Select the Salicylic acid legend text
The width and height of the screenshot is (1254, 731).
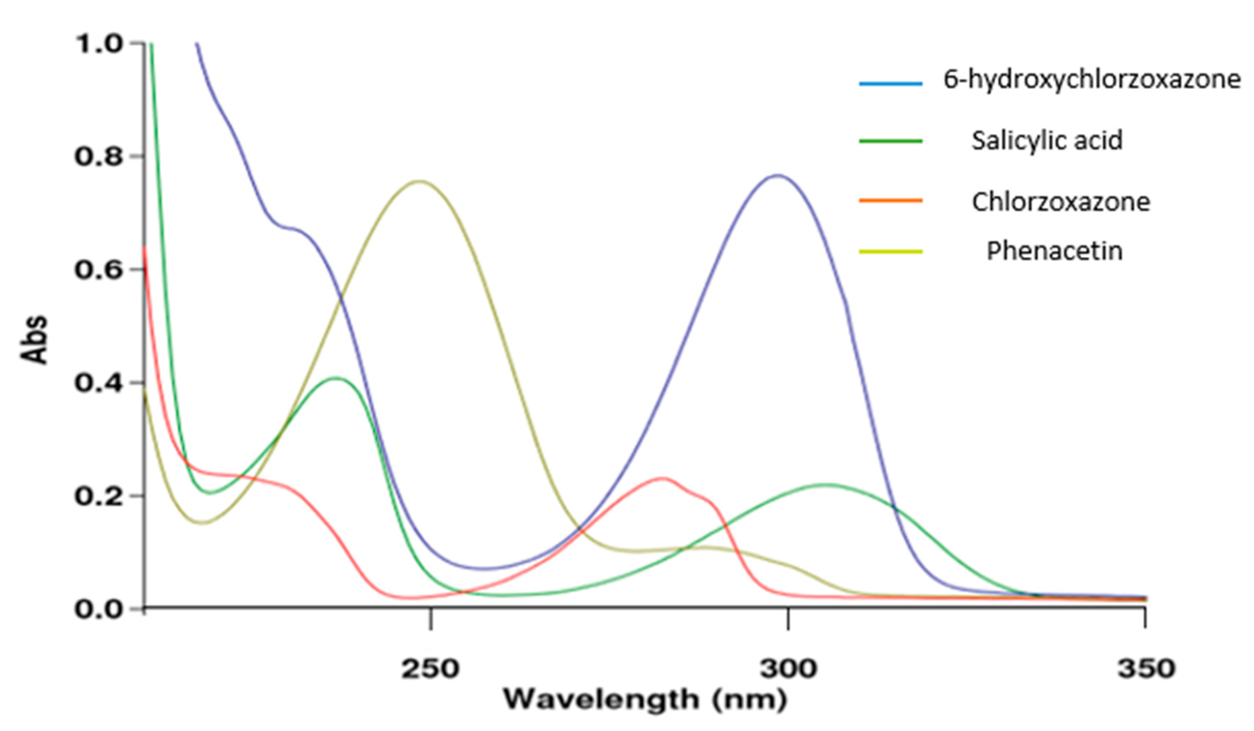(1047, 141)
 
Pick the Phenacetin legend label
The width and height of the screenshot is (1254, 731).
(1055, 251)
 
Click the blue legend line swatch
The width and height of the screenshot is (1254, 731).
(891, 84)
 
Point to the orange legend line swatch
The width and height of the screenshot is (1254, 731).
(891, 201)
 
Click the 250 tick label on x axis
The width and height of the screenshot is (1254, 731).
(430, 669)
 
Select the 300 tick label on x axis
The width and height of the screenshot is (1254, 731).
(788, 669)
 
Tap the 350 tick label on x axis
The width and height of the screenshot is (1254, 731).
(1146, 669)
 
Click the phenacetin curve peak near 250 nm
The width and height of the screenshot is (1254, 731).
(420, 181)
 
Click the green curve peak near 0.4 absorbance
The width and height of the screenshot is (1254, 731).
(336, 378)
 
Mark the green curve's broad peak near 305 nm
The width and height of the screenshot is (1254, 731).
(825, 484)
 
